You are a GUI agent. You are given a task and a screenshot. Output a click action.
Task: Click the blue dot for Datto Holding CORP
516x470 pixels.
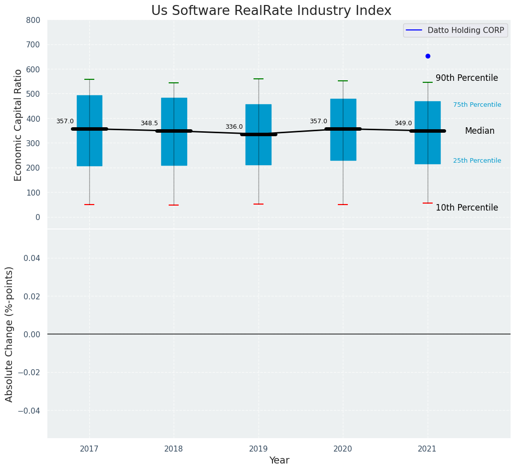point(428,56)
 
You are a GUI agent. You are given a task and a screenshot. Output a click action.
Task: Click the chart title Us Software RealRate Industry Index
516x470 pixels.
point(271,11)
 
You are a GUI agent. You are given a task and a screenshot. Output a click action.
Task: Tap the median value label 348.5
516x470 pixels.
point(149,123)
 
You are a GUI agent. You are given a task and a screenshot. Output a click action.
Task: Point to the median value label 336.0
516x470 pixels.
point(234,127)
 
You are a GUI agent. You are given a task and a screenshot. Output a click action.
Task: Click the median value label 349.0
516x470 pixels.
point(403,123)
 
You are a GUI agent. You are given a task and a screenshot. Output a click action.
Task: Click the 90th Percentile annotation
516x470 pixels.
point(467,78)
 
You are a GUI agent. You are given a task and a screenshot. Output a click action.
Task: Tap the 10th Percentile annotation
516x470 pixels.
point(467,208)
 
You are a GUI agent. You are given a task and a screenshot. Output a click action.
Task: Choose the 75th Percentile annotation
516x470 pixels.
point(477,105)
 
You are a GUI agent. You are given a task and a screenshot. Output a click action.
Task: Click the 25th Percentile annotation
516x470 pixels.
point(477,161)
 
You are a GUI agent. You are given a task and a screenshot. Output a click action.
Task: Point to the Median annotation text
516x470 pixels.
point(480,131)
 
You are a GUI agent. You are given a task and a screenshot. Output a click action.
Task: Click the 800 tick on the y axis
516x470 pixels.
point(33,20)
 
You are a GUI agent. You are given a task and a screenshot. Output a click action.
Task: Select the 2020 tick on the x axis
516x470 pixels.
point(343,449)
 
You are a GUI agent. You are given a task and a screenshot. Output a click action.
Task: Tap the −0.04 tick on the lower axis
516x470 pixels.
point(29,411)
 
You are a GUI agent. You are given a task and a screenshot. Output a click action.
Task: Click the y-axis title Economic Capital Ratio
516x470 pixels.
point(18,125)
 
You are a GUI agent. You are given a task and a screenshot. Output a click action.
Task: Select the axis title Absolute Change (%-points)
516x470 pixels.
point(9,334)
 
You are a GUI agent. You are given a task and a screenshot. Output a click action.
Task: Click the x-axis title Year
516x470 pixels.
point(279,461)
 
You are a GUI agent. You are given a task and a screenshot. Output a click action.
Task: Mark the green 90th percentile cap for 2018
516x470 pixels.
point(174,83)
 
